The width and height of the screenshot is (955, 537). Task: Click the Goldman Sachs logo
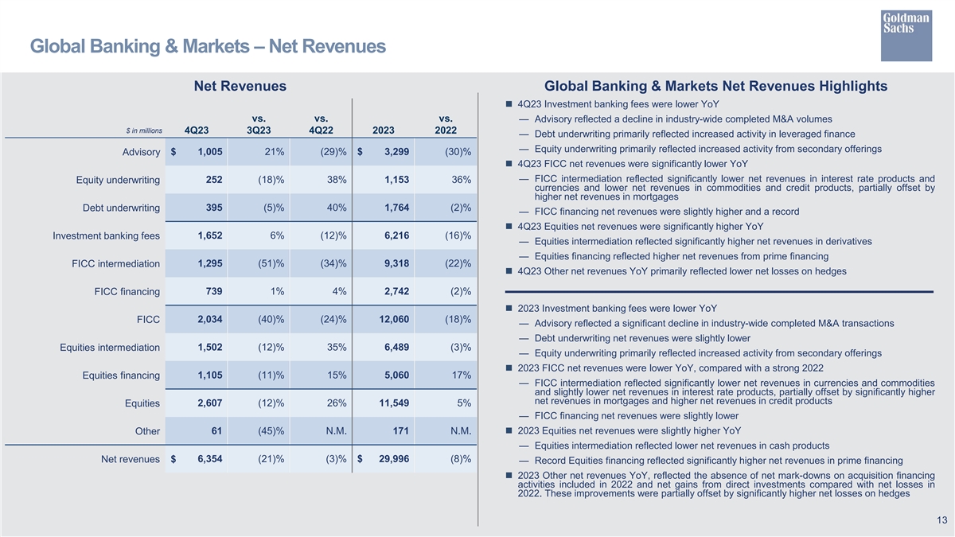[x=906, y=34]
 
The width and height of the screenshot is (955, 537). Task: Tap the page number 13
[x=941, y=520]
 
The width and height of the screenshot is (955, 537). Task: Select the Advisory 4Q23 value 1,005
[x=209, y=152]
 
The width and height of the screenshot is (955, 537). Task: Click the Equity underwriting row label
[x=118, y=181]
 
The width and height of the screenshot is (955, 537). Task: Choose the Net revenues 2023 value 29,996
[x=390, y=459]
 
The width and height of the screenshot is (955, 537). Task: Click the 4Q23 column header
[x=197, y=130]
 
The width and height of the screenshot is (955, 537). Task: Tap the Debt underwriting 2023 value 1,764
[x=396, y=208]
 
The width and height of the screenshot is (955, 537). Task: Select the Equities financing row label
[x=121, y=376]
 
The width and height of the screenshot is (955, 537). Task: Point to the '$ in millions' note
[x=144, y=130]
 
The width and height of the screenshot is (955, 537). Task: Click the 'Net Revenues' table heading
[x=240, y=86]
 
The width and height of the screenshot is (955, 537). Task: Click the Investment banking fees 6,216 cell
[x=396, y=235]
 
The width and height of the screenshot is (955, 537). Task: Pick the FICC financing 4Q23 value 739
[x=213, y=291]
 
